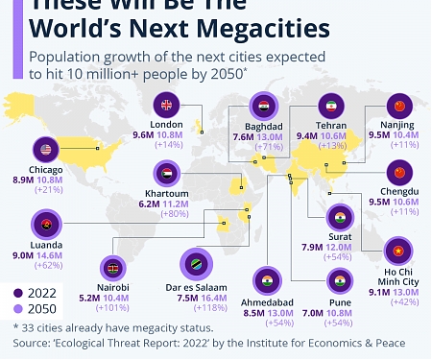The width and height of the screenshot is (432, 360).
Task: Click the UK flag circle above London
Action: pyautogui.click(x=166, y=106)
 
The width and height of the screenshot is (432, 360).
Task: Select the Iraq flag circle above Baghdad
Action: pyautogui.click(x=262, y=106)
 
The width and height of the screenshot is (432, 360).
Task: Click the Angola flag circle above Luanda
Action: pyautogui.click(x=45, y=226)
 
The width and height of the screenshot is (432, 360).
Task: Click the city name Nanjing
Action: pyautogui.click(x=399, y=125)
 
